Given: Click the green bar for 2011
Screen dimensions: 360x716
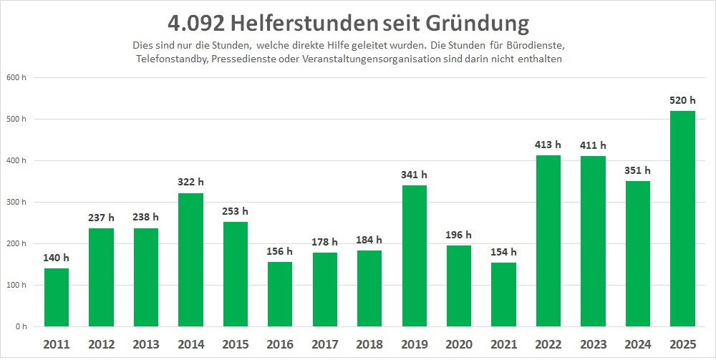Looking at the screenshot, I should point(57,297).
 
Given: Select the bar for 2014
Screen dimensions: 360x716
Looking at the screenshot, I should point(190,259).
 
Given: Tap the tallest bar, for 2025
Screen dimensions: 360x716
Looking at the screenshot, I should point(682,218).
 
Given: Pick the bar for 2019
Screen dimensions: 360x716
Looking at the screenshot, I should point(414,256).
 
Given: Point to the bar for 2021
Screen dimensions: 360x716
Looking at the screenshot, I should point(503,294).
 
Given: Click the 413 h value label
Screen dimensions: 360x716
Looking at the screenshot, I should point(548,145).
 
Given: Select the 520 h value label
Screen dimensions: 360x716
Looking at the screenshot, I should point(682,101).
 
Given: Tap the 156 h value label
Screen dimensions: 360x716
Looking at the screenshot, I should point(280,251).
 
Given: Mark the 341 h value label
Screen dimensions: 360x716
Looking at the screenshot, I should point(414,175).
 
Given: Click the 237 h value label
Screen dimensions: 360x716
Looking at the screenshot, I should point(101,218).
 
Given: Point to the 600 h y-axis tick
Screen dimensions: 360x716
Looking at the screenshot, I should point(16,77).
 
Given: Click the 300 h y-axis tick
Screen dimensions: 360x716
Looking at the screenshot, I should point(16,202).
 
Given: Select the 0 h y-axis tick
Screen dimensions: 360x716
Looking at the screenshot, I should point(20,326).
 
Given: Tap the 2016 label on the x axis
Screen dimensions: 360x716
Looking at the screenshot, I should point(280,345).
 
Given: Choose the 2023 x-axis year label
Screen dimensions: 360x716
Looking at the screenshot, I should point(593,345).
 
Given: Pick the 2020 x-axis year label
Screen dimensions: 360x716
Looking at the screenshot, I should point(459,345).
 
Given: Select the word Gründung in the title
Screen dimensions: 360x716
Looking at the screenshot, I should point(478,24).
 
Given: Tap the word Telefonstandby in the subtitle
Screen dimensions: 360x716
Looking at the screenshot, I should point(171,59).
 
